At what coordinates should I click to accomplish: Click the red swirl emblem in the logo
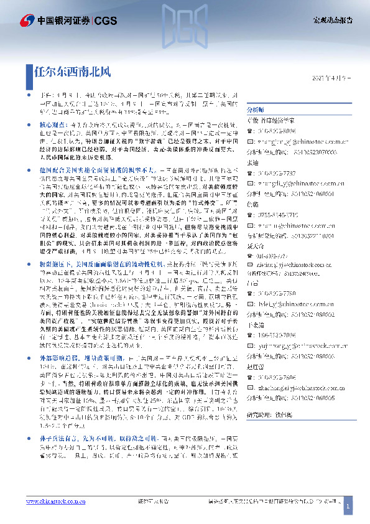click(x=26, y=21)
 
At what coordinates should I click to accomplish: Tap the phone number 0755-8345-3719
click(x=275, y=214)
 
